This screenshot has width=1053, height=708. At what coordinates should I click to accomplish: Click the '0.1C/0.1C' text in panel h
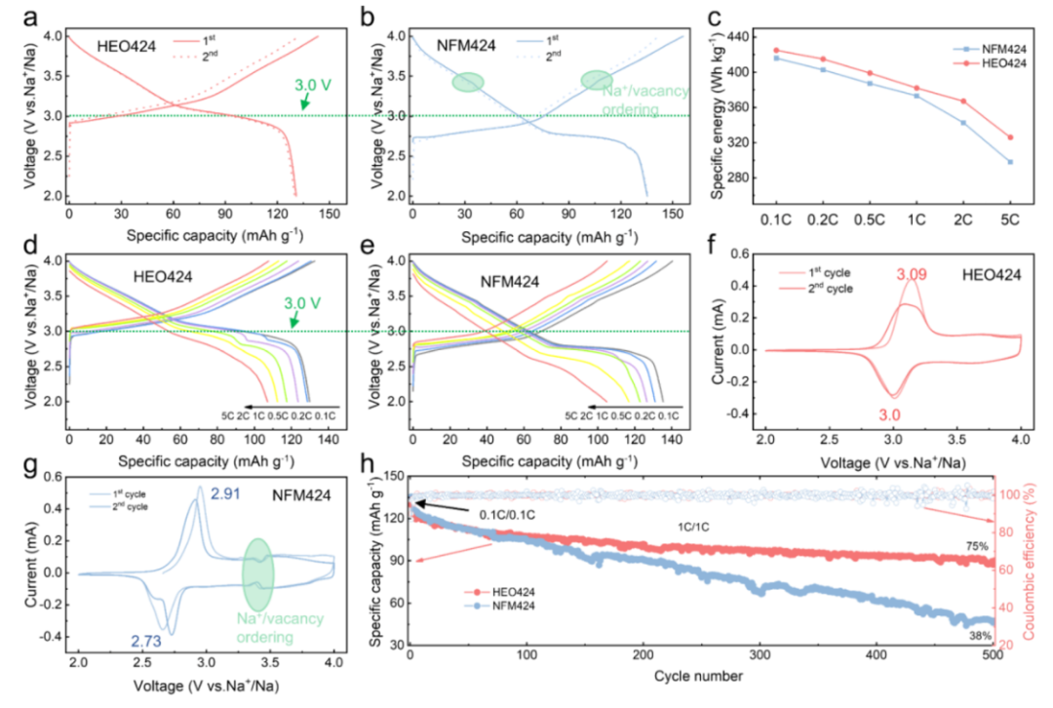coord(521,511)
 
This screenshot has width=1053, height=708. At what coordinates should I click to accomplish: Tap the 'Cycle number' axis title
coord(700,676)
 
